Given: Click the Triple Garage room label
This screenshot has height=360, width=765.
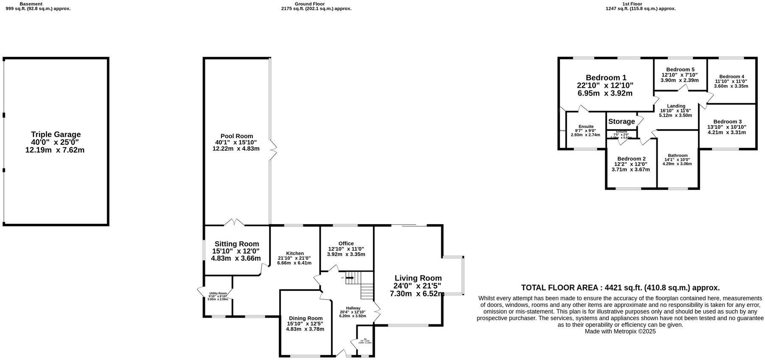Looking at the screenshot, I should (x=56, y=135).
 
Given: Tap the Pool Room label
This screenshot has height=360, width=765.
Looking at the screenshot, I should (x=236, y=136).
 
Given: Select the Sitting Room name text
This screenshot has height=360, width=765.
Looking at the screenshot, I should (x=237, y=244).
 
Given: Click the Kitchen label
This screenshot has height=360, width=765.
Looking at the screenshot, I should (x=294, y=253).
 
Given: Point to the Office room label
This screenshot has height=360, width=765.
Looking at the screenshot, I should (x=346, y=244).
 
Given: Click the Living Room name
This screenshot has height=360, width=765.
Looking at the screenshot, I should (x=418, y=278).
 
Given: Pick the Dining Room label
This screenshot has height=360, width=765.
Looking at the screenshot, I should (x=305, y=318).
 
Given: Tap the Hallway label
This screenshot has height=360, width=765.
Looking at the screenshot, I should (x=353, y=308).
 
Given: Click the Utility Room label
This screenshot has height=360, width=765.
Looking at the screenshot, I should (x=218, y=293).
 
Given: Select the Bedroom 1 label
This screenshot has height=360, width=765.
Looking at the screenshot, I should (x=606, y=78).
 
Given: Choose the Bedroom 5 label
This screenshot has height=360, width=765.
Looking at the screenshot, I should (x=680, y=70).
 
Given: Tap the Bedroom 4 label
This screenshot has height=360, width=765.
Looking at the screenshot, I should (x=731, y=77).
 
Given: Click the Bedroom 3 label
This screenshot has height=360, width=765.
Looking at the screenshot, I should (x=727, y=121).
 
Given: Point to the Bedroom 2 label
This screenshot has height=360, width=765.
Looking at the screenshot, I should (x=631, y=159).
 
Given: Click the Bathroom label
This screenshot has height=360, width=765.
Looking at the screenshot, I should (x=678, y=155).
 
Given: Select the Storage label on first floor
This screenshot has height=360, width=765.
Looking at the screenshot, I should (x=622, y=121).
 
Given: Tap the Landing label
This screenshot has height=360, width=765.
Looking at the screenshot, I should (x=676, y=106).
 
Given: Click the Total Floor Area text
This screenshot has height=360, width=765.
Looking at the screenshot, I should (x=620, y=288).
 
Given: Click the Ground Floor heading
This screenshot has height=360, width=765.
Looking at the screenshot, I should (x=310, y=4).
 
